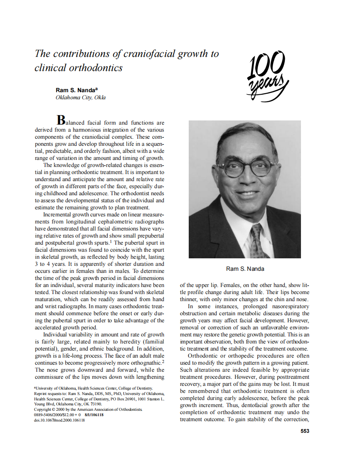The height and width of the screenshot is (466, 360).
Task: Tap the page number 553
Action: tap(305, 431)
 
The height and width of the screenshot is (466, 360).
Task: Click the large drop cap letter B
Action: tap(61, 120)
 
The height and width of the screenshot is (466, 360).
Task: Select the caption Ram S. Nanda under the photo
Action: tap(245, 269)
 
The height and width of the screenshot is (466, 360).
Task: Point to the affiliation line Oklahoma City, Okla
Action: tap(81, 98)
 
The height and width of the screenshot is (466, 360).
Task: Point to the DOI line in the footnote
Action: tap(59, 420)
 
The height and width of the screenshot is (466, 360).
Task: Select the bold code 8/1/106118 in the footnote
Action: tap(94, 415)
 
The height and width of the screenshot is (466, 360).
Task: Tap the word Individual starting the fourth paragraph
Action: tap(57, 334)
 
